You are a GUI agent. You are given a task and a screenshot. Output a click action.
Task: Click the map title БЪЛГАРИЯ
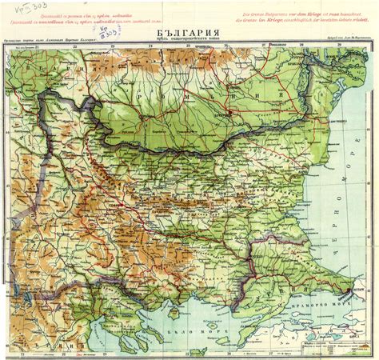click(188, 31)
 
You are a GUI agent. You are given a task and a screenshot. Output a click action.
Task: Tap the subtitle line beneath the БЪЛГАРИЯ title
click(188, 40)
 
